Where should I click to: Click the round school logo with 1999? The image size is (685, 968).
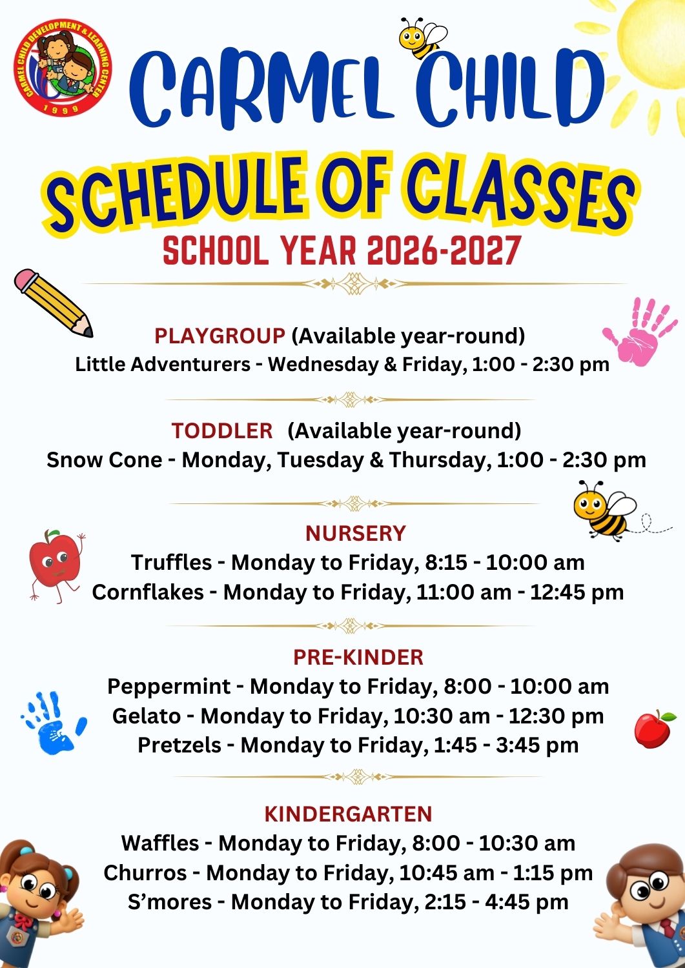coord(63,67)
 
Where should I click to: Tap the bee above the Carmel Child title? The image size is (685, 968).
coord(422,38)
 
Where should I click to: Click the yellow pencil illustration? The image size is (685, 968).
coord(53,303)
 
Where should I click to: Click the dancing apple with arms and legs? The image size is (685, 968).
coord(56,566)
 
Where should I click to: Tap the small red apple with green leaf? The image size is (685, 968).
coord(654,729)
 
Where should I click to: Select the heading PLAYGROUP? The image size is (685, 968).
coord(220,336)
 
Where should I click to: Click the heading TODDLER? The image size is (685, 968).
coord(222,431)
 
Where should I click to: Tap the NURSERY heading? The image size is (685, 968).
coord(356,533)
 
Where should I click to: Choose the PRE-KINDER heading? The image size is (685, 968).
coord(358,658)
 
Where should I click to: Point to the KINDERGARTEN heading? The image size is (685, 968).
coord(348,814)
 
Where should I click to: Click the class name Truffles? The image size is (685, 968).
coord(171,563)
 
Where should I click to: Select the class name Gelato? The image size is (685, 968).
coord(146,716)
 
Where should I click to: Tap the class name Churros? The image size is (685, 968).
coord(145,872)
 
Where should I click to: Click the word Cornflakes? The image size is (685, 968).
coord(148,592)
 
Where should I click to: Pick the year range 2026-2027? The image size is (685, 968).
coord(443,251)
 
